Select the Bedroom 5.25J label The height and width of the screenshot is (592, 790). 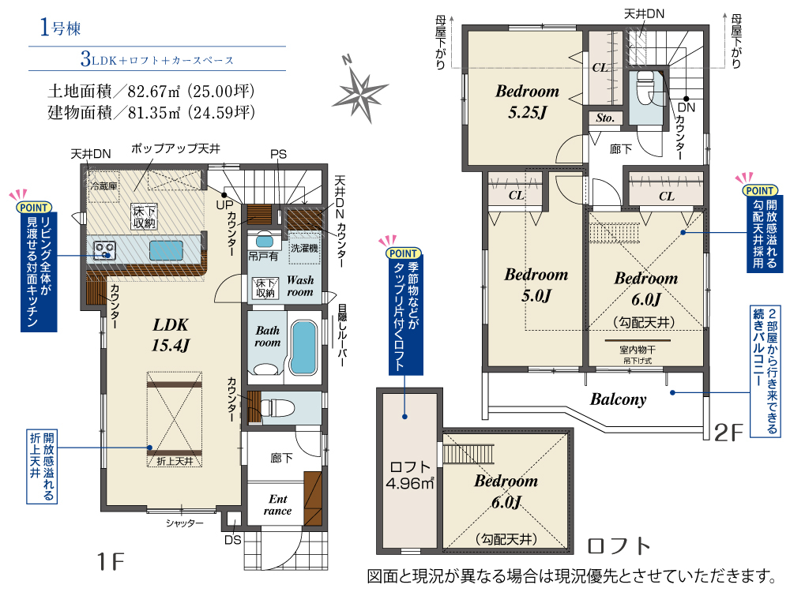(x=527, y=102)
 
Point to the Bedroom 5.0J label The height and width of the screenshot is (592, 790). (x=536, y=285)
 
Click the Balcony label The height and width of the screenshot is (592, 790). (x=618, y=399)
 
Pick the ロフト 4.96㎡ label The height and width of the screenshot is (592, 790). (x=408, y=474)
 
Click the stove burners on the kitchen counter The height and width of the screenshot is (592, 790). (x=105, y=251)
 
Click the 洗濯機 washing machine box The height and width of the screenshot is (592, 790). (x=304, y=247)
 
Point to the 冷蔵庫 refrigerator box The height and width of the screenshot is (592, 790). (x=103, y=187)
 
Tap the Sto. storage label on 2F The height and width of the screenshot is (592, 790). (x=605, y=118)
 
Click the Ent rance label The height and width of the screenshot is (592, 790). (x=278, y=505)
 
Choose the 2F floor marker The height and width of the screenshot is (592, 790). (x=729, y=432)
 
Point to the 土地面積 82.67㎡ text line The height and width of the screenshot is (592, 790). (x=150, y=90)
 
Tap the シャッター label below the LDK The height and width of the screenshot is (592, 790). (x=185, y=523)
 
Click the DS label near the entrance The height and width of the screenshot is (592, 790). (x=233, y=541)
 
